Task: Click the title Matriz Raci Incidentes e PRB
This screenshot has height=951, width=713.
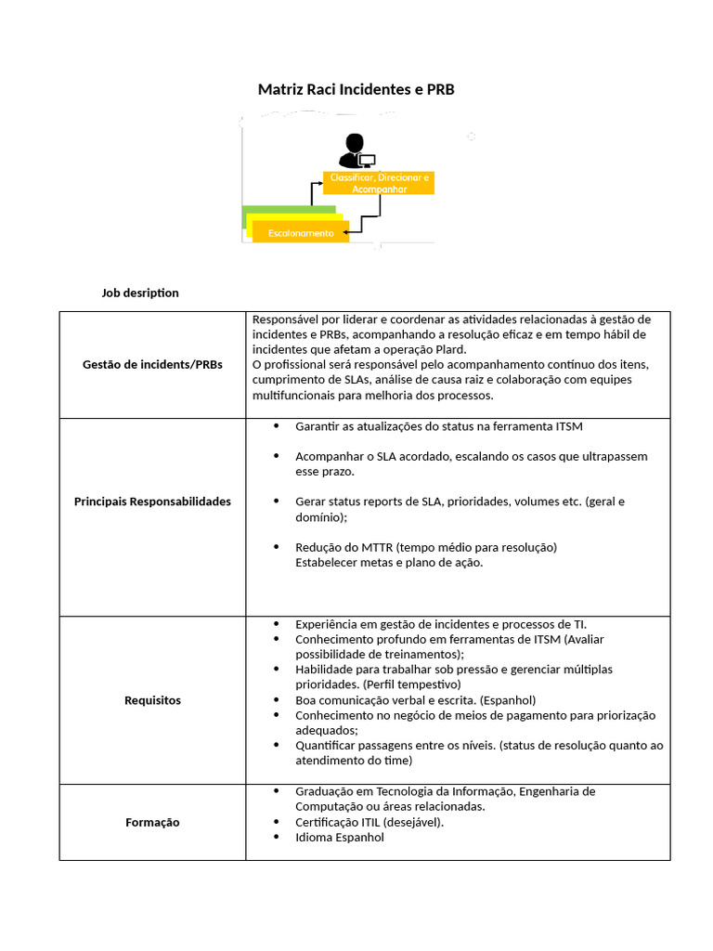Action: click(x=356, y=90)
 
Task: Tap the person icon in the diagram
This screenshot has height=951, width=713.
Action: click(x=353, y=150)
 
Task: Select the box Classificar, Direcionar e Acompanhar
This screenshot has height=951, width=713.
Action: click(x=379, y=183)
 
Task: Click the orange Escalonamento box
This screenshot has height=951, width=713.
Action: click(x=300, y=233)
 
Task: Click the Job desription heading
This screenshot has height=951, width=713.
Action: click(x=139, y=293)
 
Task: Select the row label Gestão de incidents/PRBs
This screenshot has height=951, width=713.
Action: click(x=152, y=365)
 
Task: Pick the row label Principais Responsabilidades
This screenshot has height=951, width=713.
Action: click(x=152, y=502)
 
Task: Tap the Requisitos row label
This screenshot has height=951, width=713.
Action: click(x=152, y=700)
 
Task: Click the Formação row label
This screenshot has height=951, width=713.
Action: click(x=152, y=822)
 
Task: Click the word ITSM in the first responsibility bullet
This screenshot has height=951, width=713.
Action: click(x=568, y=426)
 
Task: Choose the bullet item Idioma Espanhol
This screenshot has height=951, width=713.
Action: click(x=339, y=837)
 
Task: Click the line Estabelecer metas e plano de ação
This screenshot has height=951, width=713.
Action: click(x=389, y=562)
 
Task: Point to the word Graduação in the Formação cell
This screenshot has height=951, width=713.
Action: click(x=325, y=791)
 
